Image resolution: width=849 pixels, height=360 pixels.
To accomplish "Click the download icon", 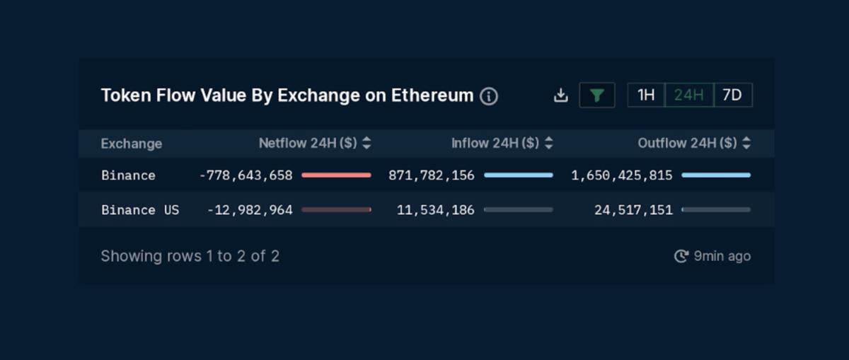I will click(x=560, y=95).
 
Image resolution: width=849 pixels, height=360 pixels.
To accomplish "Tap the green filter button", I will click(x=596, y=95).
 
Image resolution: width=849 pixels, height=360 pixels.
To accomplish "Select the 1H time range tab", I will click(x=646, y=95).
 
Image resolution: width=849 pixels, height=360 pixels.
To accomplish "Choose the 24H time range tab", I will click(x=689, y=95).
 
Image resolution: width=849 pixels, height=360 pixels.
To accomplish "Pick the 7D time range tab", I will click(x=732, y=95).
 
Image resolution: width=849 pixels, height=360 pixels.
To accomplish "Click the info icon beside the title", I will click(x=489, y=96).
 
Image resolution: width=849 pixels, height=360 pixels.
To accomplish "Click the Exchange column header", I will click(x=132, y=144).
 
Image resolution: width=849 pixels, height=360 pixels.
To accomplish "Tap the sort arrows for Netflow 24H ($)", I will click(x=366, y=144).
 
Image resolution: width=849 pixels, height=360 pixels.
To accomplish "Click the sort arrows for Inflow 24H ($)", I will click(x=549, y=144).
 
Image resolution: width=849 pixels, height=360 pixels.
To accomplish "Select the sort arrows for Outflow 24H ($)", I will click(x=746, y=144).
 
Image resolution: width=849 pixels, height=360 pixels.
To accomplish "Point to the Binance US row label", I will click(x=140, y=210).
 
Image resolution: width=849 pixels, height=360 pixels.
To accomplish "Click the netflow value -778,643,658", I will click(x=246, y=175).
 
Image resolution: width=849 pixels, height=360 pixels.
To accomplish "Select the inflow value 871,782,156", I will click(x=432, y=175).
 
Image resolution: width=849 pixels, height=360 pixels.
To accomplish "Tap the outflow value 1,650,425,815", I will click(x=622, y=175).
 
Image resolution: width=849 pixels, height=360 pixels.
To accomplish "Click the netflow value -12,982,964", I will click(x=250, y=210).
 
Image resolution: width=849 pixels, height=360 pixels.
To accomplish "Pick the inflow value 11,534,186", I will click(x=436, y=210).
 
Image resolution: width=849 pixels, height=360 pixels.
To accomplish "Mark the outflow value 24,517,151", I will click(x=633, y=210).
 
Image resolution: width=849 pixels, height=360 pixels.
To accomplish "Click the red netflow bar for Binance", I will click(x=336, y=175).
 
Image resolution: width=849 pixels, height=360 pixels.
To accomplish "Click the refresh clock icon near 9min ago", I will click(x=681, y=256).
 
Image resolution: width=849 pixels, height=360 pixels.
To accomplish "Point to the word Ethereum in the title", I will click(x=432, y=95).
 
